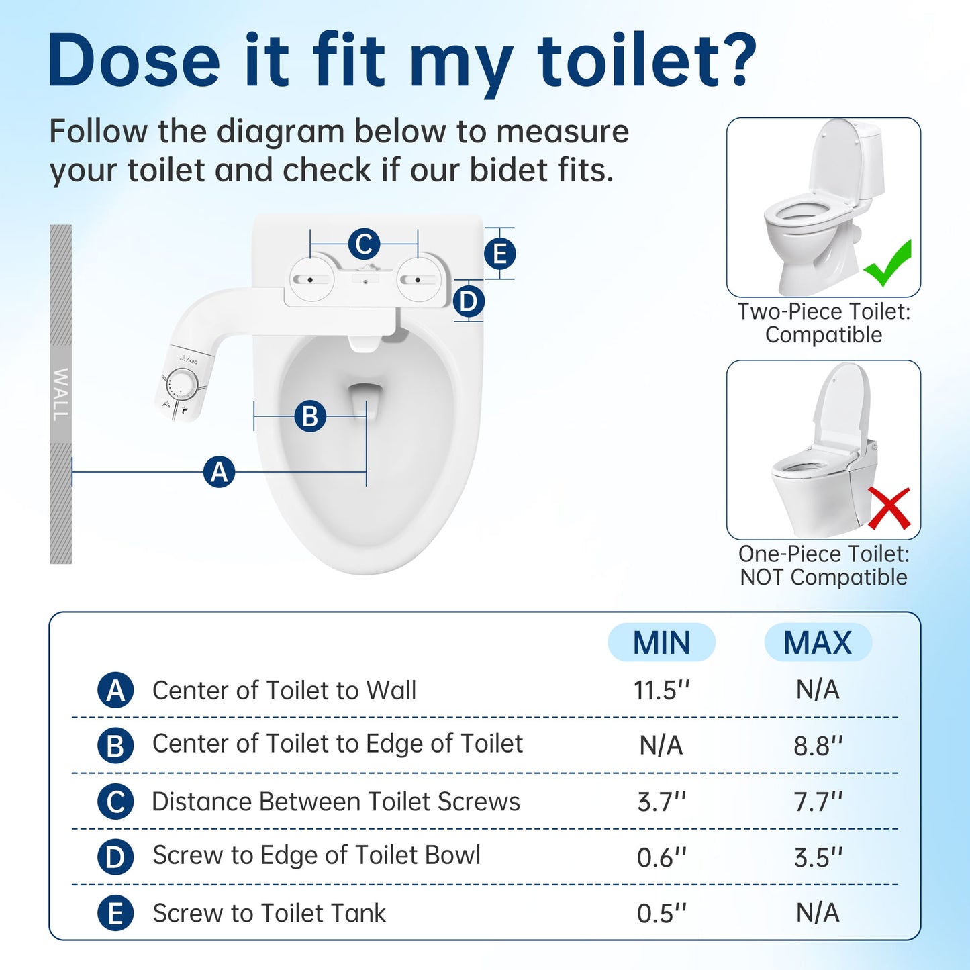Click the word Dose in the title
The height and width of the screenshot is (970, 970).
[x=134, y=61]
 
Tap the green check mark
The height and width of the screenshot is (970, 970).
[x=887, y=264]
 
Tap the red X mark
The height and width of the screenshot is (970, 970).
[x=889, y=508]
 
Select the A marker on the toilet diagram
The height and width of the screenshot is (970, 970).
[x=219, y=472]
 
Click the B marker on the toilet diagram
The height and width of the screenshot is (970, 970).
[x=310, y=416]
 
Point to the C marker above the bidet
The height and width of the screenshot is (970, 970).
[x=364, y=244]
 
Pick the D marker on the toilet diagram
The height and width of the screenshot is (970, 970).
[x=469, y=301]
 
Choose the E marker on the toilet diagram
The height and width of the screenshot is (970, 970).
[x=500, y=254]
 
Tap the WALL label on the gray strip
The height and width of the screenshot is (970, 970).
[x=60, y=394]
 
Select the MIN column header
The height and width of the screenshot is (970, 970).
[x=661, y=642]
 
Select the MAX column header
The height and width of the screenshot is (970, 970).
[x=818, y=642]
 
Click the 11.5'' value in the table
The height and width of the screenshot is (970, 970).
[x=662, y=690]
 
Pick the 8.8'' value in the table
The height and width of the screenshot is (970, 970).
[x=818, y=746]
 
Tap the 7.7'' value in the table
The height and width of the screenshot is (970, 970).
[x=818, y=802]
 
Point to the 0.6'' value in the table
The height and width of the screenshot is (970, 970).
[x=662, y=857]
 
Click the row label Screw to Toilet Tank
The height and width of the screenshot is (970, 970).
[x=269, y=913]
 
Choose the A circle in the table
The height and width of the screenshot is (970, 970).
[x=115, y=690]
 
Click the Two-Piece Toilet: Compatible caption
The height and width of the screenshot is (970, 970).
[x=824, y=323]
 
